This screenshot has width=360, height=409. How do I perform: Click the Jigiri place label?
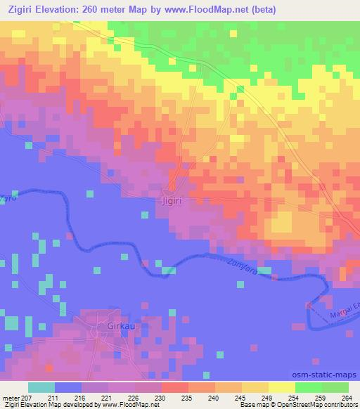coord(172,200)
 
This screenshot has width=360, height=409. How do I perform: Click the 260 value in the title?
coord(99,10)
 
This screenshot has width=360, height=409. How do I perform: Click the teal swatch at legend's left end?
coord(41,387)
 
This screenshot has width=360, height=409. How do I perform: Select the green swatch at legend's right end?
coord(335,387)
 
